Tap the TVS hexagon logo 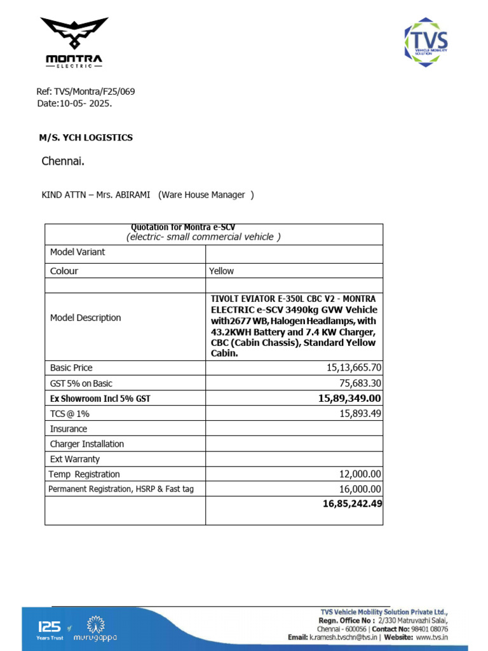[426, 43]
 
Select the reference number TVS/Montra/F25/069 [95, 92]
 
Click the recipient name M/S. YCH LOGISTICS [86, 137]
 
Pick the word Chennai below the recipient [63, 161]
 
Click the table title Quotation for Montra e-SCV [182, 228]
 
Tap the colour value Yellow [222, 271]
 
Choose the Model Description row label [85, 318]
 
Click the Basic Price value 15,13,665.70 [354, 368]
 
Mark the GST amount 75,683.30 [358, 383]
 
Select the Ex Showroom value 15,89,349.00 [349, 399]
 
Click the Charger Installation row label [87, 444]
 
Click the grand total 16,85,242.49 [352, 504]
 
